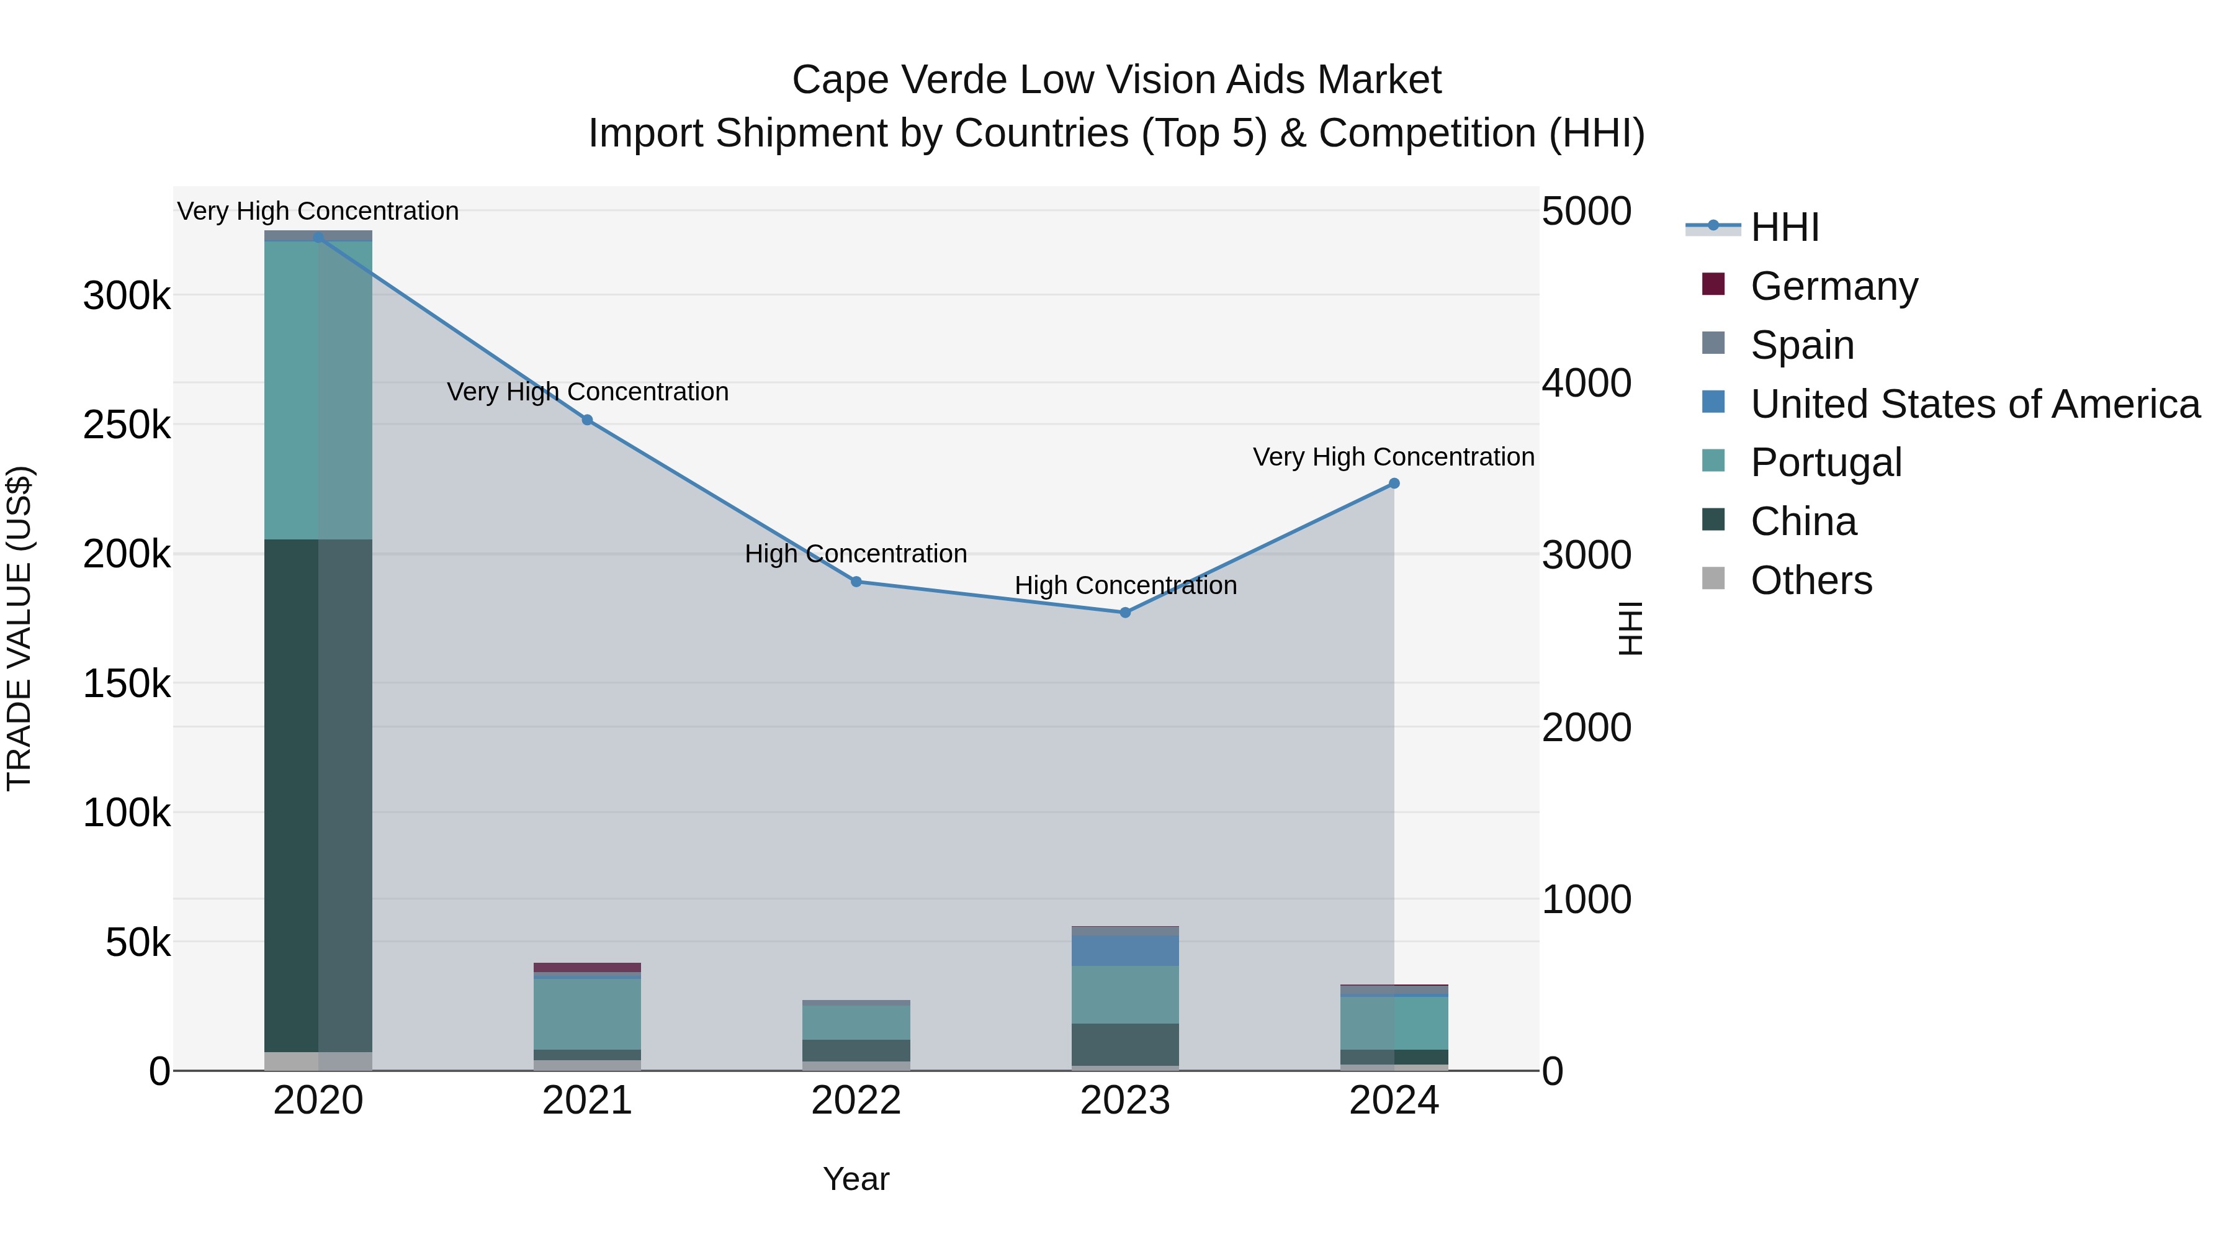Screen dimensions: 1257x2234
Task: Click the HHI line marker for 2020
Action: (x=318, y=237)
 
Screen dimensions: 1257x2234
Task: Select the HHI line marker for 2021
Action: (x=587, y=420)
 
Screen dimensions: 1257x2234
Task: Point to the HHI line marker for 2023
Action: (x=1125, y=613)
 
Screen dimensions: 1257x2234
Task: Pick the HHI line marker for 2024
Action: (x=1394, y=483)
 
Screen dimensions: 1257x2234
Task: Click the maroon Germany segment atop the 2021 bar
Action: (x=587, y=967)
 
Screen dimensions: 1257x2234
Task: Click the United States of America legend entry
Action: (x=1974, y=404)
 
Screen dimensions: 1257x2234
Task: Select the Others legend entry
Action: (x=1811, y=580)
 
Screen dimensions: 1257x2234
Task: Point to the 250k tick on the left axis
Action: (x=127, y=425)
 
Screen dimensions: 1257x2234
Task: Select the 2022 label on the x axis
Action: (x=856, y=1101)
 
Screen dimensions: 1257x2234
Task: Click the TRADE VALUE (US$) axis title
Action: (x=19, y=628)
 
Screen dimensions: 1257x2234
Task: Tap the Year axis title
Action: (x=856, y=1179)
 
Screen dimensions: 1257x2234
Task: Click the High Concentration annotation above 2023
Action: (x=1125, y=585)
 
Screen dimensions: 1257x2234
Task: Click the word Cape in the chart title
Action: (x=840, y=80)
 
